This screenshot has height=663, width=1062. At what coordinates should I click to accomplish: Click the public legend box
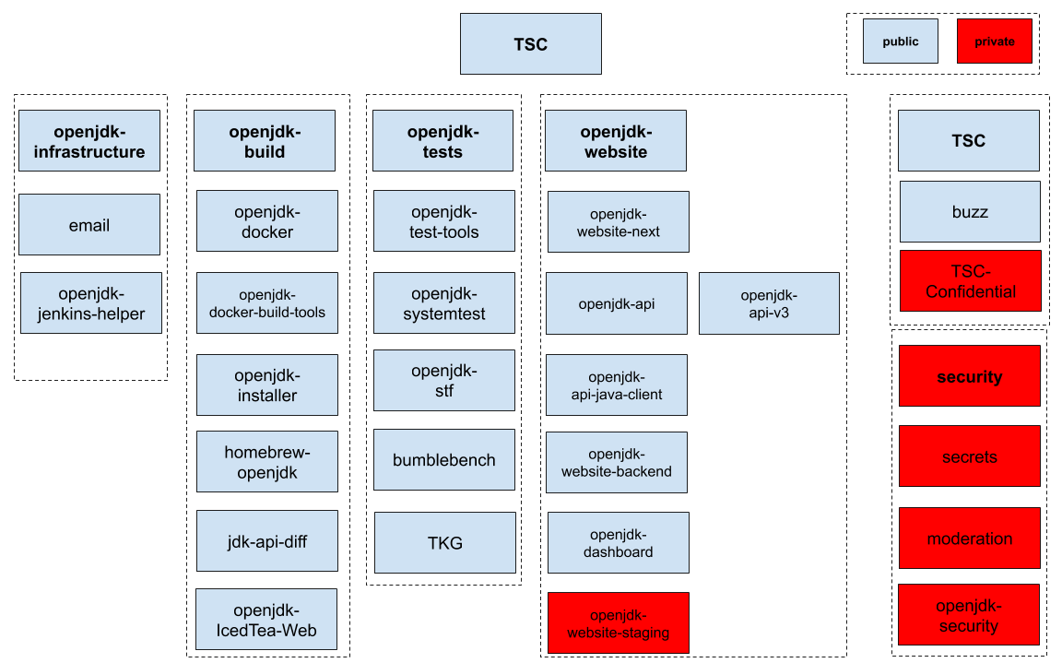coord(900,41)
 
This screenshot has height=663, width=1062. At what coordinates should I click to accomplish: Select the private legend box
coord(994,41)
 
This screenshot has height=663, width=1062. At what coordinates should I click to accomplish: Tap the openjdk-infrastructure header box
coord(89,141)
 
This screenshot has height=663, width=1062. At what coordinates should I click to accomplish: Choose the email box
coord(89,224)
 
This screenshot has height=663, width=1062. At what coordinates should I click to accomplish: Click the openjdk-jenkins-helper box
coord(90,302)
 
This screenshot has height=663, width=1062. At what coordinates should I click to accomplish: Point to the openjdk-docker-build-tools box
coord(267,302)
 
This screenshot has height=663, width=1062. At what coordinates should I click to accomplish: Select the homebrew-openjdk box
coord(267,461)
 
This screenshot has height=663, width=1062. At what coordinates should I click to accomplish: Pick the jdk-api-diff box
coord(267,541)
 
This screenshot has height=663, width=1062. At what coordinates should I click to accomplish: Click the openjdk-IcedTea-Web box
coord(266,620)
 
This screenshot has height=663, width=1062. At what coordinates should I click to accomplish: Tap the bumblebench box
coord(444,459)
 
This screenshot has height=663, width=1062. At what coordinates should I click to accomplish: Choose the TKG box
coord(445,542)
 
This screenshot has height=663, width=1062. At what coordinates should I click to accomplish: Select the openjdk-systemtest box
coord(444,302)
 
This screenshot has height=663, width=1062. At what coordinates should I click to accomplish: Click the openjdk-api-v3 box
coord(769,302)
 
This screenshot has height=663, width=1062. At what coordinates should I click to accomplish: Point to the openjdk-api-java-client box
coord(617,385)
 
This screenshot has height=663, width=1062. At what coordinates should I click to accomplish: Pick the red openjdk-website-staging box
coord(618,622)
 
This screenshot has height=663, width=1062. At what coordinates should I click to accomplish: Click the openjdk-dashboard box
coord(618,542)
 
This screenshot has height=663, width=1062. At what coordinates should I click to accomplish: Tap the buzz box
coord(970,211)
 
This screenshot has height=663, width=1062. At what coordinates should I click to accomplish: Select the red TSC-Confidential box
coord(971,281)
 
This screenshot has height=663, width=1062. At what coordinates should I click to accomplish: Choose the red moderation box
coord(970,538)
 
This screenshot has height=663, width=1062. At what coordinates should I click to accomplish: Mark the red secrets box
coord(970,456)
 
